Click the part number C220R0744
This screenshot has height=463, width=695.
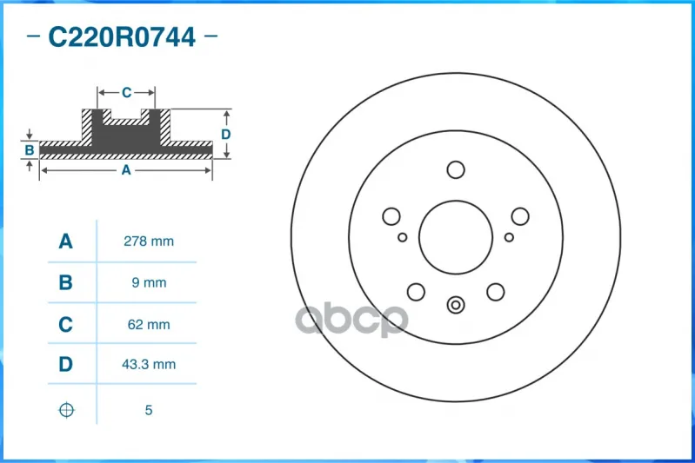(x=122, y=36)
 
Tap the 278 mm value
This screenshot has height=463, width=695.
(x=149, y=241)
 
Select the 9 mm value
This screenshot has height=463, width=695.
(x=149, y=282)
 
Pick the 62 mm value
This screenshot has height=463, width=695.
(x=149, y=325)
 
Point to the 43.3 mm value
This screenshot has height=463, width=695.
(x=149, y=364)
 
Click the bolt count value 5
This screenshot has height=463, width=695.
(x=149, y=410)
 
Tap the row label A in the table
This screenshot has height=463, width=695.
(x=65, y=241)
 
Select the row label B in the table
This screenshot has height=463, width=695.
(x=65, y=282)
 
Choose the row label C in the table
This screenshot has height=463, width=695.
(x=65, y=325)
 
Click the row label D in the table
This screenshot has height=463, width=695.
(x=65, y=364)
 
